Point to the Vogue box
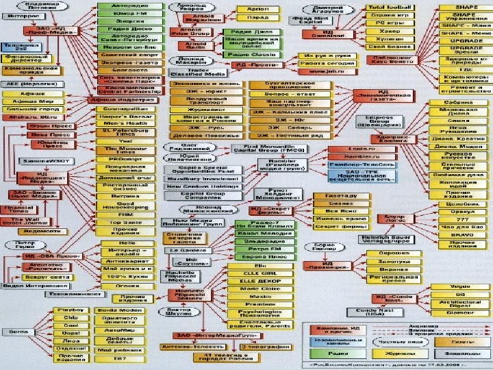tap(459, 286)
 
